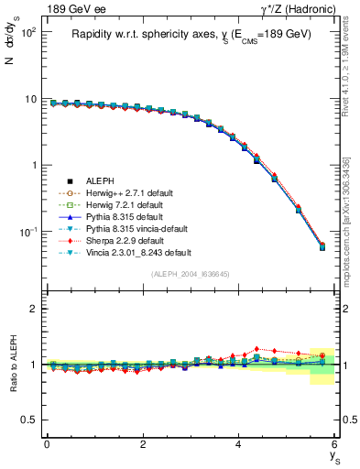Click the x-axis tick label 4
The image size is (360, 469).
[238, 444]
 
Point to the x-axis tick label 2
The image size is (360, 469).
[143, 444]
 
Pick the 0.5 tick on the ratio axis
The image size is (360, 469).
[28, 420]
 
